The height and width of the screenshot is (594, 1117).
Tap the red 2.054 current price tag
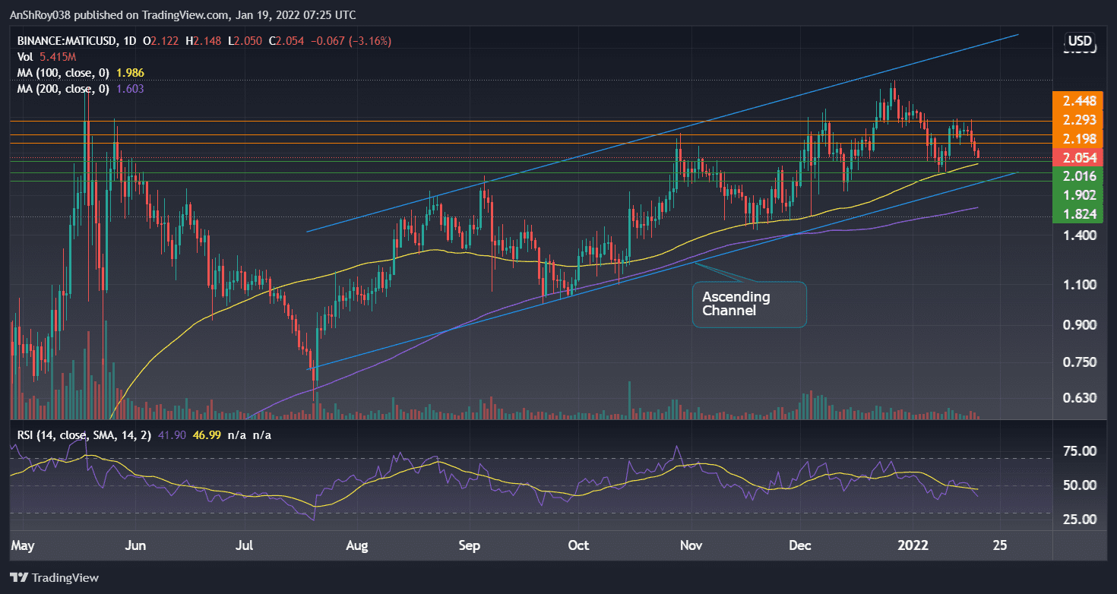coord(1079,158)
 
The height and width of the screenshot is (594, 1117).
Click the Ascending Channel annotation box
coord(748,304)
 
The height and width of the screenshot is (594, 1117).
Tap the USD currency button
coord(1080,41)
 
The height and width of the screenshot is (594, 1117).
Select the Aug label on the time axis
coord(356,545)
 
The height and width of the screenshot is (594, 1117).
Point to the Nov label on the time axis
coord(691,545)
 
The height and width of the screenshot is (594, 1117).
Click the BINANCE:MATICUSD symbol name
coord(65,40)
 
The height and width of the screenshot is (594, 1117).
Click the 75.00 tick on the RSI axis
coord(1079,451)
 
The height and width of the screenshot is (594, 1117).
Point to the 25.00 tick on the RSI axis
coord(1079,520)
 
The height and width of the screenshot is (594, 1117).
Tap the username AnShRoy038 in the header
coord(44,14)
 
